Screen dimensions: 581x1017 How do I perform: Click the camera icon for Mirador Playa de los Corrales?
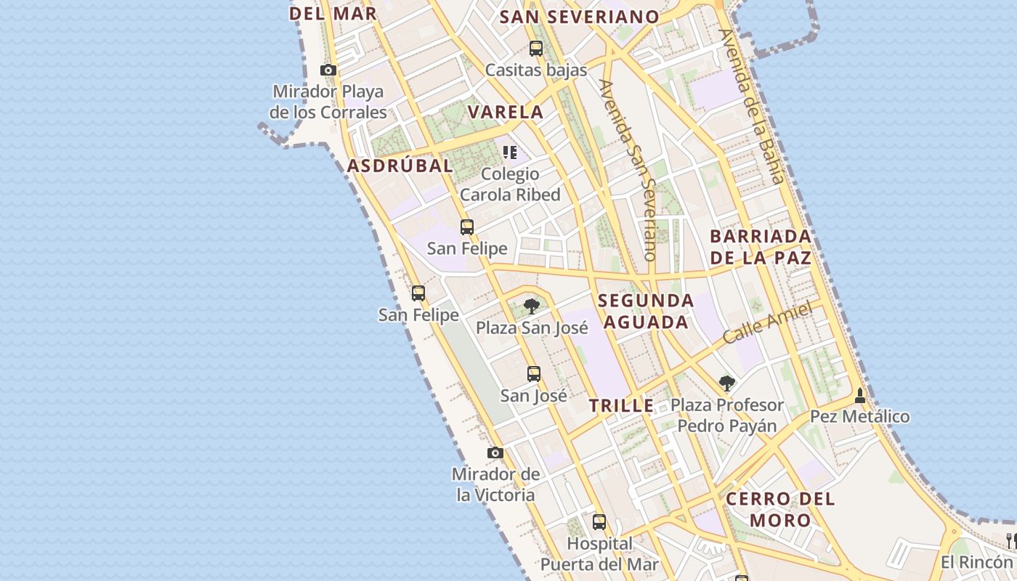click(x=328, y=70)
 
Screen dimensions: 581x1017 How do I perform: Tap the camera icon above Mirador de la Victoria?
click(x=495, y=453)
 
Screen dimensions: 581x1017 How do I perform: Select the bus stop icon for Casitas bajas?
click(x=536, y=49)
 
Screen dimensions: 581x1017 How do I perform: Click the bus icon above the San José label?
click(x=534, y=374)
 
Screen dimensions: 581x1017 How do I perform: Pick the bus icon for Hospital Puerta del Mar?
click(x=599, y=521)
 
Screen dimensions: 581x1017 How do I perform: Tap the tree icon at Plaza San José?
click(x=532, y=306)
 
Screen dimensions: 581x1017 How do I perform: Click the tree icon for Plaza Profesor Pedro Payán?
click(x=726, y=383)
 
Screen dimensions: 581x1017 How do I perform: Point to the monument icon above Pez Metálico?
click(x=860, y=395)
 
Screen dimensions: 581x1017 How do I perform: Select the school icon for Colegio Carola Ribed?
click(x=510, y=153)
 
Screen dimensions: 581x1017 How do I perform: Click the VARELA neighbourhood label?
click(x=506, y=112)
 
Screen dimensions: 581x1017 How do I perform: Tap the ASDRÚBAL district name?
click(x=400, y=166)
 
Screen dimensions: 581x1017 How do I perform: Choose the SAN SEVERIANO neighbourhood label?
click(x=580, y=17)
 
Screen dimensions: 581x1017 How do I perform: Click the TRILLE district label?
click(x=621, y=406)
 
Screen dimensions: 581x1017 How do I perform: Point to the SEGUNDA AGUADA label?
click(x=646, y=311)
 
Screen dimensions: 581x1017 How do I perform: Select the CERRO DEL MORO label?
click(x=780, y=509)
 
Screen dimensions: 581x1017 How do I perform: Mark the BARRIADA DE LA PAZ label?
click(x=761, y=247)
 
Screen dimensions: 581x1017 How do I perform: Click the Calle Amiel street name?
click(x=767, y=324)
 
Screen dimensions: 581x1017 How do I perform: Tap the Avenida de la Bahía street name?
click(x=752, y=106)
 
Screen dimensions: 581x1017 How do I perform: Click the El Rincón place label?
click(x=976, y=562)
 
